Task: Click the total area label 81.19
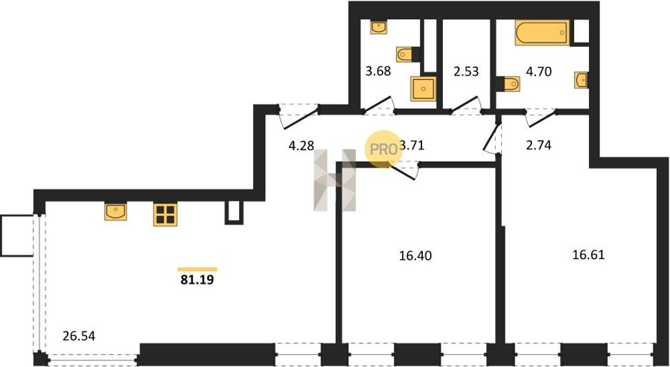pyautogui.click(x=197, y=280)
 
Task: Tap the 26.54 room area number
pyautogui.click(x=79, y=336)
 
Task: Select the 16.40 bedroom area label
pyautogui.click(x=415, y=256)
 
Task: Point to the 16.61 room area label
pyautogui.click(x=588, y=255)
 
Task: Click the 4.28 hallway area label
pyautogui.click(x=301, y=145)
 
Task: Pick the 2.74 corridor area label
pyautogui.click(x=538, y=145)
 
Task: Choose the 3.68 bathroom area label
pyautogui.click(x=378, y=71)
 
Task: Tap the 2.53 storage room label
pyautogui.click(x=466, y=71)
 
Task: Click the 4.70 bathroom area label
pyautogui.click(x=538, y=71)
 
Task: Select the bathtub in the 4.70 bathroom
pyautogui.click(x=542, y=33)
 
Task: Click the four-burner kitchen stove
pyautogui.click(x=165, y=214)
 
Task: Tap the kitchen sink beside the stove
pyautogui.click(x=116, y=212)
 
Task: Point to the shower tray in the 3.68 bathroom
pyautogui.click(x=424, y=89)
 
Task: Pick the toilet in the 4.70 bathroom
pyautogui.click(x=508, y=83)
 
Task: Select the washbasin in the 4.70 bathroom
pyautogui.click(x=581, y=80)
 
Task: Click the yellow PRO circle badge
pyautogui.click(x=383, y=150)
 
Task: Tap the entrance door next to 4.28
pyautogui.click(x=299, y=117)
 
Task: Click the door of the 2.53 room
pyautogui.click(x=466, y=106)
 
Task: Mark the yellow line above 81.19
pyautogui.click(x=197, y=269)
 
